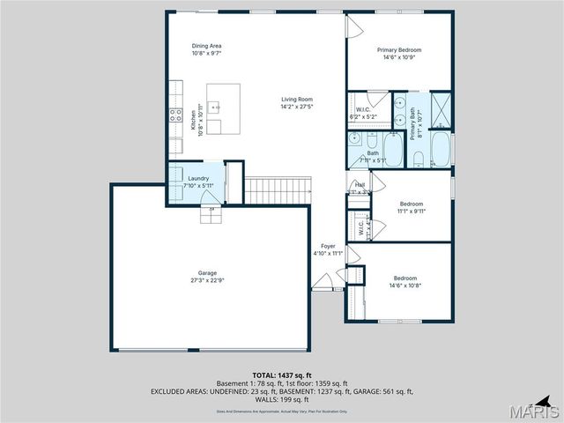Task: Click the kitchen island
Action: coord(223,100)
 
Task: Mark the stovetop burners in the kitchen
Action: coord(172,114)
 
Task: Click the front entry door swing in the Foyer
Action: coord(324,283)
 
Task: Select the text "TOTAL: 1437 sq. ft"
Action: coord(282,375)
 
